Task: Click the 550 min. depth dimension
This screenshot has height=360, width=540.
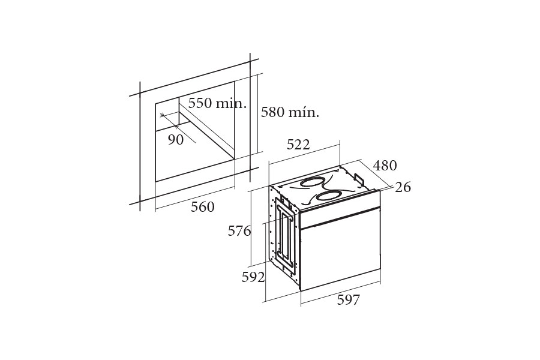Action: coord(217,103)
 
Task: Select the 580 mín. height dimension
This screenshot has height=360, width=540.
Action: coord(290,112)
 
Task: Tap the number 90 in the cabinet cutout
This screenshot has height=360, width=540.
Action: coord(175,140)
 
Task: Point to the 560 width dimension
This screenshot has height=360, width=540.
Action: coord(202,207)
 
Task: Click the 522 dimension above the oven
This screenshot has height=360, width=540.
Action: coord(298,145)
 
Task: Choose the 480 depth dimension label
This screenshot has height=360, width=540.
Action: coord(385,166)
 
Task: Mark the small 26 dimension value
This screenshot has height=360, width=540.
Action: coord(403,187)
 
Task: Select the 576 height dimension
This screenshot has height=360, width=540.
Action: coord(239,231)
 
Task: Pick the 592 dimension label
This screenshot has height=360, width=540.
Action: coord(253,277)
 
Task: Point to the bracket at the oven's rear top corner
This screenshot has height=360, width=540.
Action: coord(359,180)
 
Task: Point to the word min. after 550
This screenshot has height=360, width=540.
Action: coord(232,103)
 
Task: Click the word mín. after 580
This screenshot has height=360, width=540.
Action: coord(304,112)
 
